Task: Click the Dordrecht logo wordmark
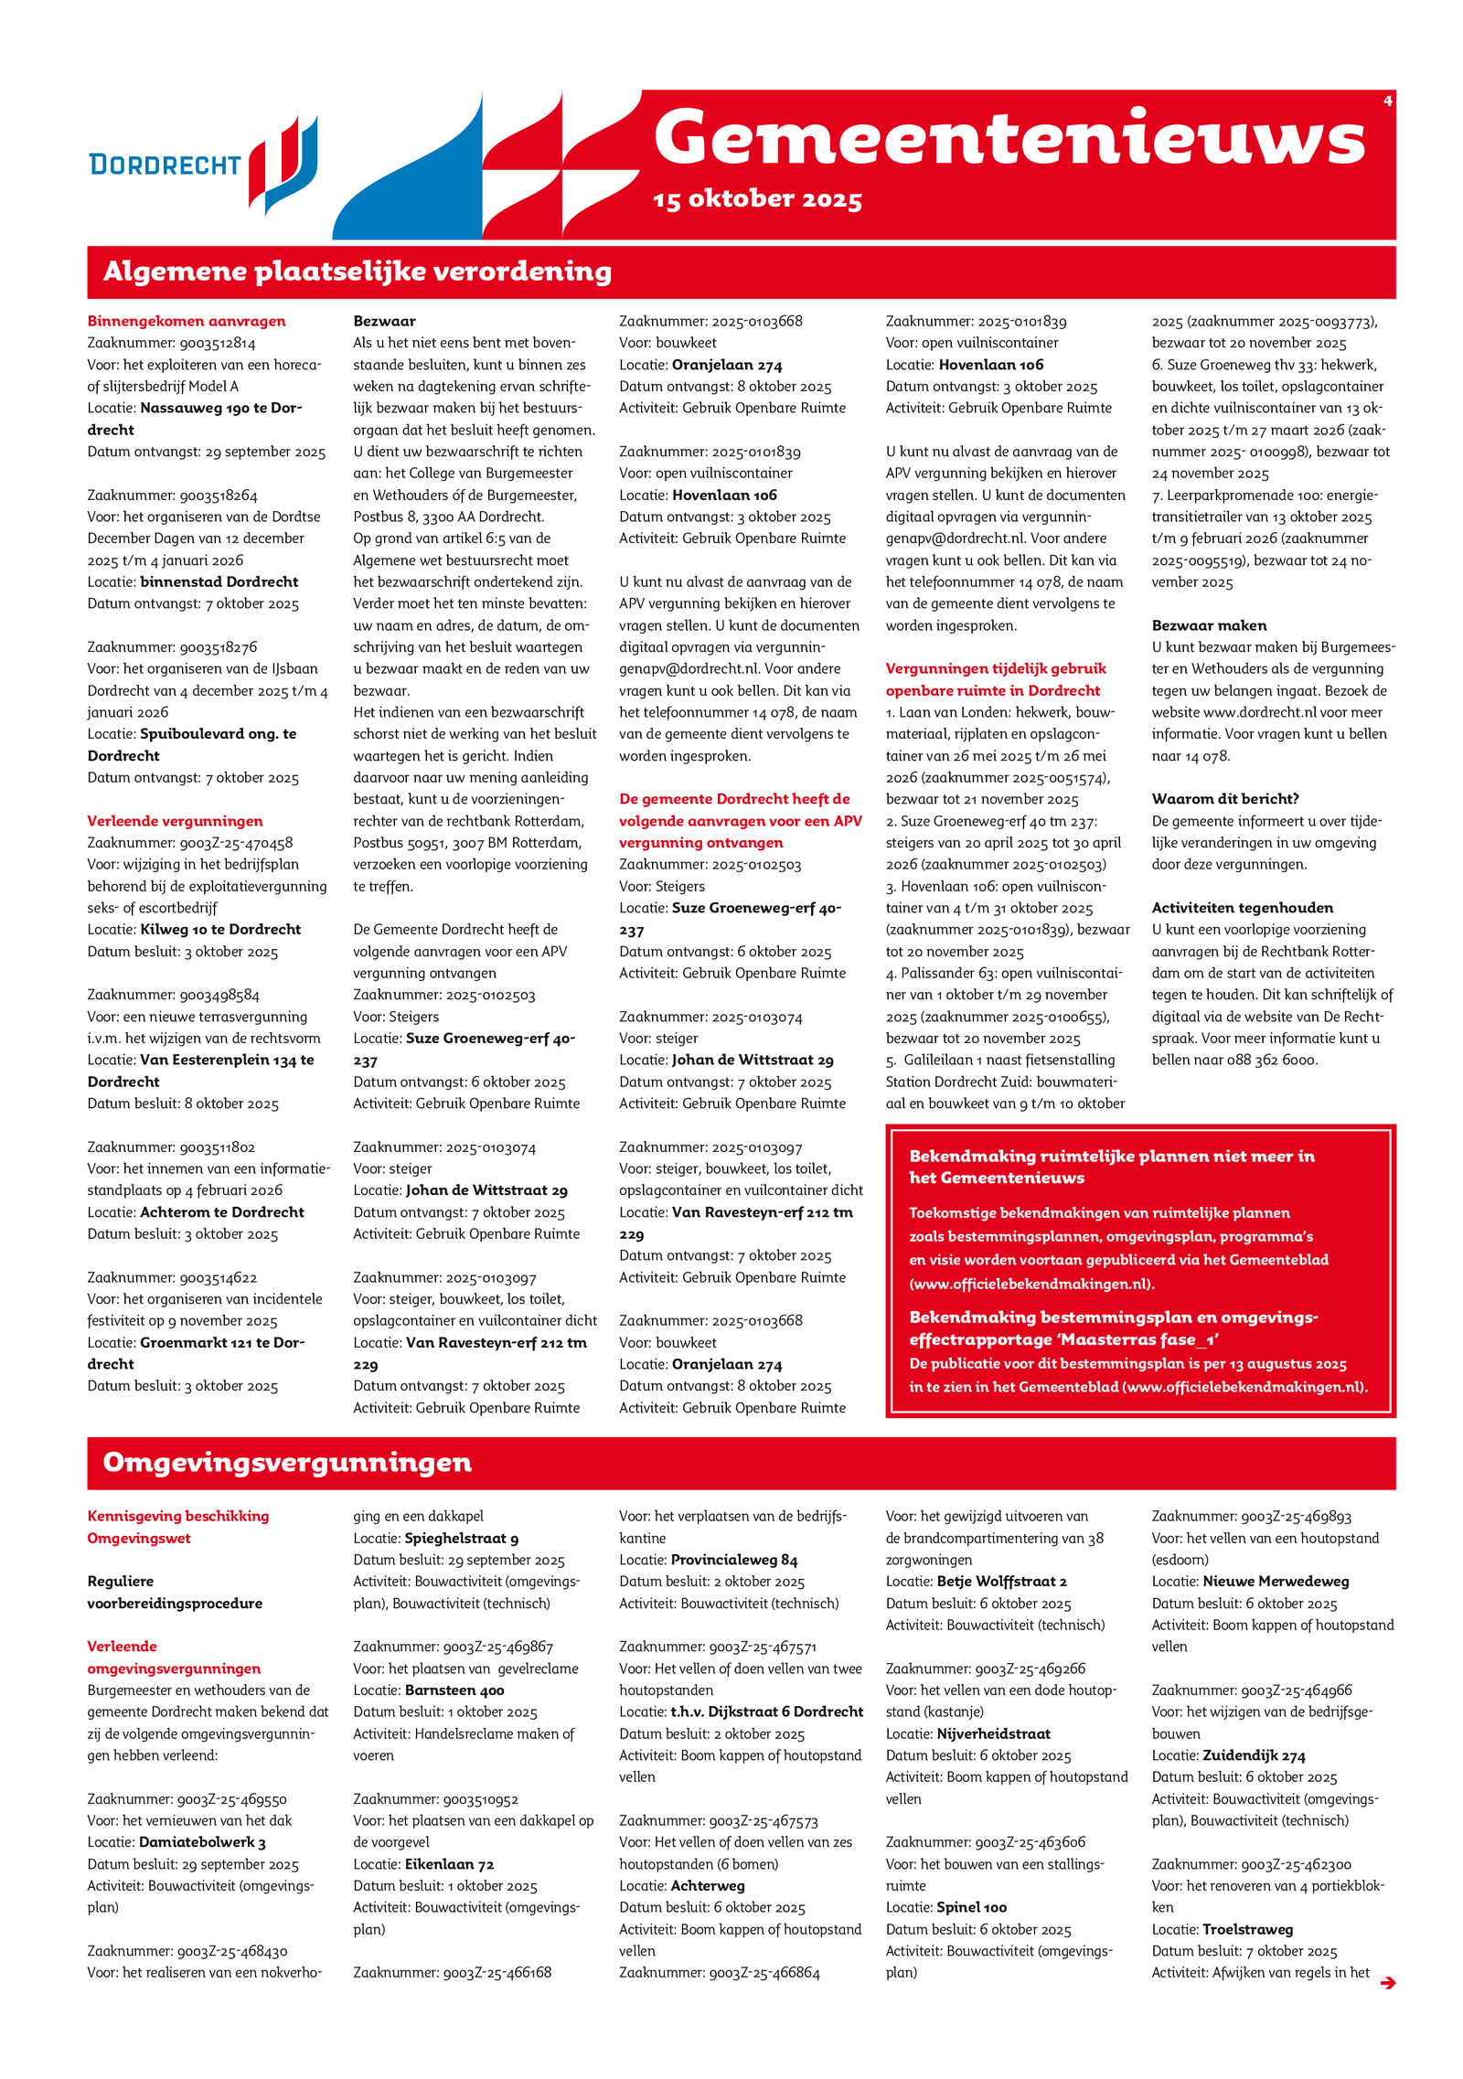tap(165, 165)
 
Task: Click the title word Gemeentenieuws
tap(1009, 139)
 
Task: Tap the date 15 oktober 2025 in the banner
tap(757, 199)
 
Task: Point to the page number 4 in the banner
tap(1387, 101)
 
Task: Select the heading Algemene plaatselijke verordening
tap(357, 272)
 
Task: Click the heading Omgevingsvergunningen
tap(287, 1462)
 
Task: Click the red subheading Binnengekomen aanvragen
tap(187, 321)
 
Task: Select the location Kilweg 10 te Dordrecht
tap(220, 929)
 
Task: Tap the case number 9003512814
tap(218, 343)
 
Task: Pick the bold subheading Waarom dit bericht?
tap(1225, 799)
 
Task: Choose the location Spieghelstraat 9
tap(462, 1539)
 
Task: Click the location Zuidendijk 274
tap(1254, 1755)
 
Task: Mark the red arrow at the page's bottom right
tap(1387, 1983)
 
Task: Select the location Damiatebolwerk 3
tap(202, 1842)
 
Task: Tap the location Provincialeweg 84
tap(734, 1560)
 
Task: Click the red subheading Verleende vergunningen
tap(175, 821)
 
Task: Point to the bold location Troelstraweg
tap(1247, 1929)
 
